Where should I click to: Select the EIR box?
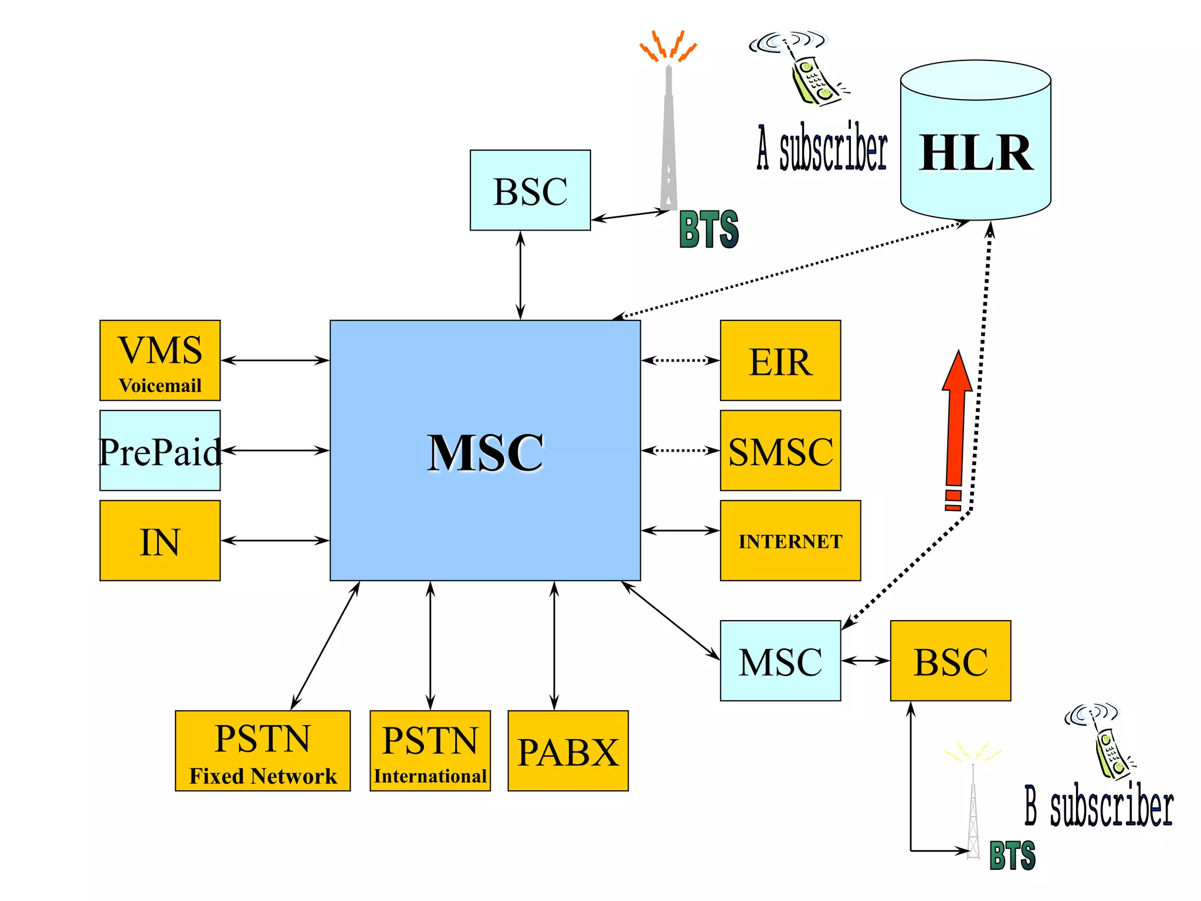pyautogui.click(x=780, y=361)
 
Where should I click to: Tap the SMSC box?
pyautogui.click(x=780, y=450)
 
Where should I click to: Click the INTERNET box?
pyautogui.click(x=790, y=540)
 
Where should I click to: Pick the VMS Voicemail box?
pyautogui.click(x=160, y=361)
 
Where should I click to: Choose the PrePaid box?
pyautogui.click(x=160, y=450)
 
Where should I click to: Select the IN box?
pyautogui.click(x=160, y=540)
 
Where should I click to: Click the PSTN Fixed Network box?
pyautogui.click(x=263, y=751)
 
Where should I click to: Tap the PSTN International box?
pyautogui.click(x=430, y=751)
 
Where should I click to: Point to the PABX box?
pyautogui.click(x=568, y=751)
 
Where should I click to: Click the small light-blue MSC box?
pyautogui.click(x=780, y=660)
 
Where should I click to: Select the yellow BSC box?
pyautogui.click(x=950, y=660)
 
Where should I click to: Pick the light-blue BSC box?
pyautogui.click(x=530, y=190)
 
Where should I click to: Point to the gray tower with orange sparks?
pyautogui.click(x=669, y=135)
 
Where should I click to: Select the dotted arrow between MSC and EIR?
pyautogui.click(x=680, y=360)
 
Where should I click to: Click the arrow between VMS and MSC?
pyautogui.click(x=274, y=360)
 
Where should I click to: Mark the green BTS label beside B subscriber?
pyautogui.click(x=1012, y=855)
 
